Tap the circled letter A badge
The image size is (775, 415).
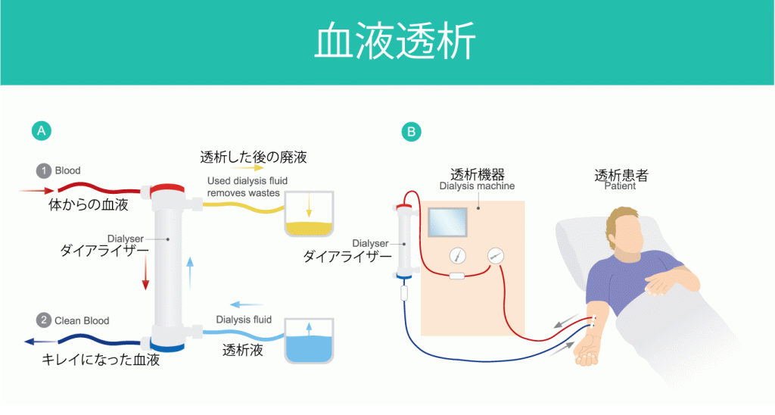[40, 131]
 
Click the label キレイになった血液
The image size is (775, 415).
[101, 360]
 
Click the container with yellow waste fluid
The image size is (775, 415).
[310, 220]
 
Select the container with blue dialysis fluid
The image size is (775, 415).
[310, 345]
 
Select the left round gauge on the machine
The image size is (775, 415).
[456, 255]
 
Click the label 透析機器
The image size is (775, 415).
[477, 173]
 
